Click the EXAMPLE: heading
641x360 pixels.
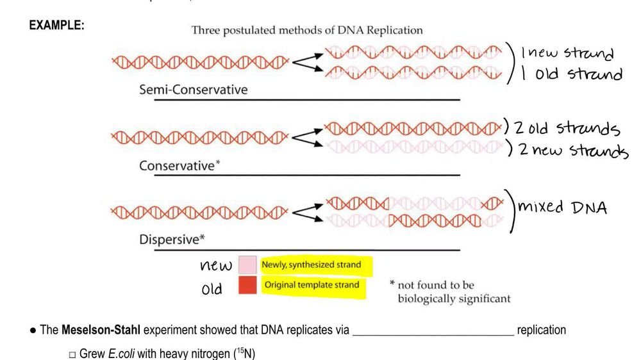click(57, 26)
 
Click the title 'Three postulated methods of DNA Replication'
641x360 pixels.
click(307, 30)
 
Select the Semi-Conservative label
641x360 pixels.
click(193, 90)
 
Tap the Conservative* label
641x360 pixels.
click(179, 166)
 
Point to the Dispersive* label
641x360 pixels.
click(172, 240)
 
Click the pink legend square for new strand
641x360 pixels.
click(247, 265)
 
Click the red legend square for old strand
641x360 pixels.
click(247, 285)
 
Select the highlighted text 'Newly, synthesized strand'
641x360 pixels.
click(311, 265)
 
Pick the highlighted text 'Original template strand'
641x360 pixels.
click(312, 285)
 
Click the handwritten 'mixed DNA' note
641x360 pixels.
click(562, 208)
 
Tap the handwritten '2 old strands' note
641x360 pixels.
click(567, 128)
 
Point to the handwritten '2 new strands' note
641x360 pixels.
click(572, 151)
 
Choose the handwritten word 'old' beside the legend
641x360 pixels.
click(212, 289)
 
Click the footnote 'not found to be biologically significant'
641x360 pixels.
click(454, 292)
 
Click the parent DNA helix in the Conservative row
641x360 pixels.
click(199, 137)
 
